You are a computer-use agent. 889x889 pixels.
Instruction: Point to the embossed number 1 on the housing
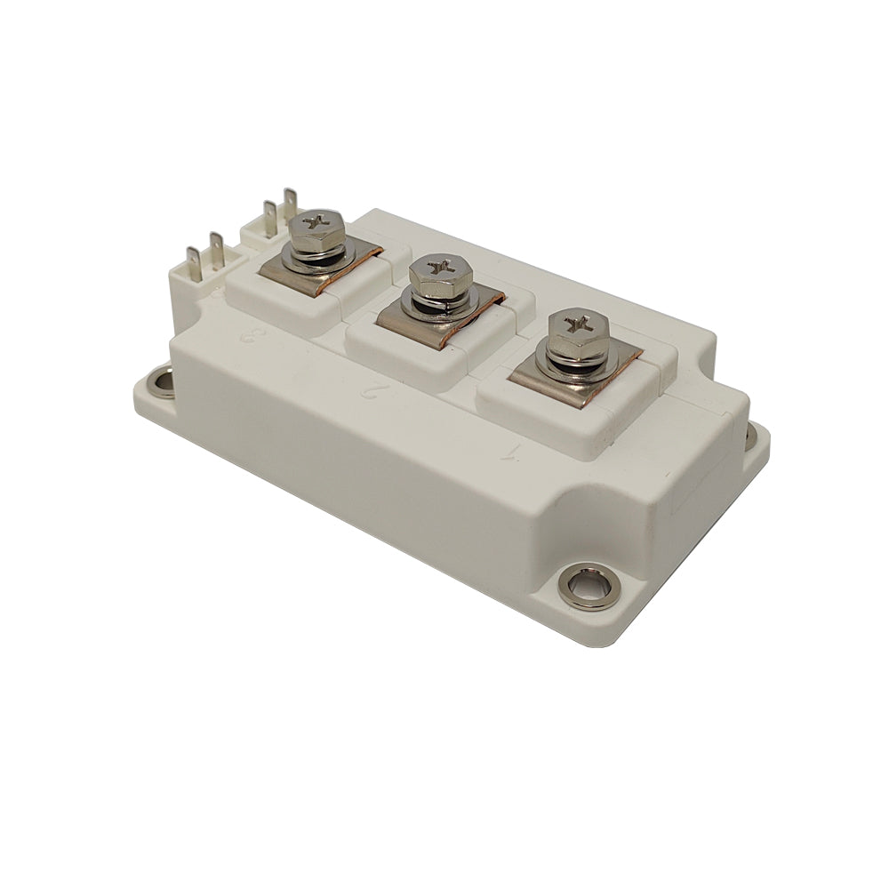(510, 452)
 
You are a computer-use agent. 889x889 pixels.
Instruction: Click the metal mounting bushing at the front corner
(588, 587)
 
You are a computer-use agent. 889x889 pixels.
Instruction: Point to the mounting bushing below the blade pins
(161, 382)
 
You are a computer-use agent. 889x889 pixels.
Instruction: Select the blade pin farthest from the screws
(192, 260)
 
